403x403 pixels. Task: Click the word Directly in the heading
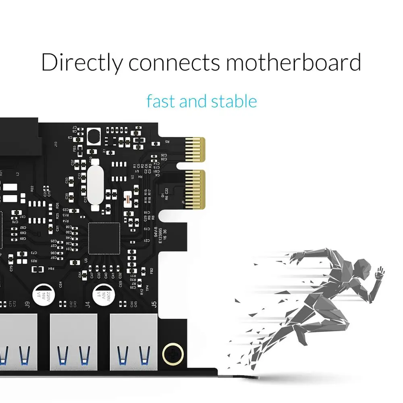[81, 62]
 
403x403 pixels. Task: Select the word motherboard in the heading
[293, 62]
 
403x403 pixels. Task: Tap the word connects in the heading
[174, 63]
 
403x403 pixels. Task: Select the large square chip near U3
[104, 238]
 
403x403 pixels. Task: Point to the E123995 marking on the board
[160, 235]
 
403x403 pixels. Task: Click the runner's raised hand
[380, 272]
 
